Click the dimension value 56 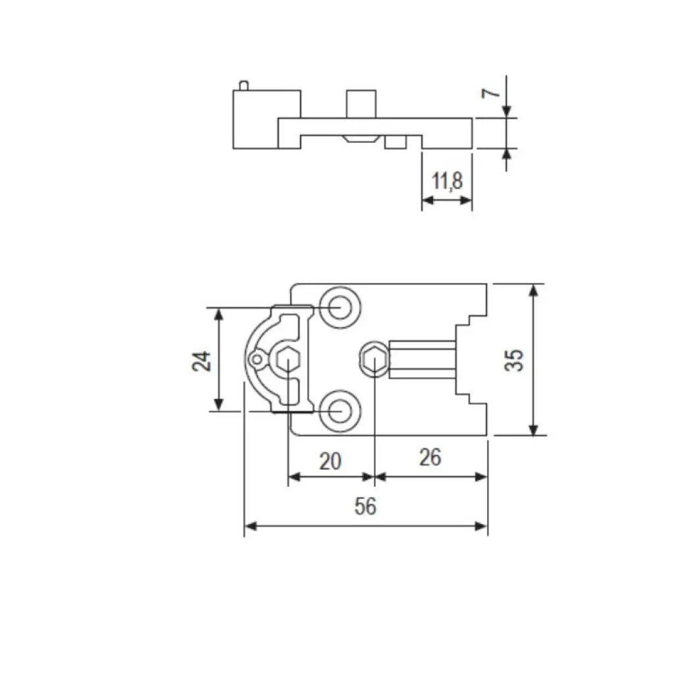(x=365, y=507)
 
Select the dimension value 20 (x=330, y=461)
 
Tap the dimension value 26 (x=430, y=457)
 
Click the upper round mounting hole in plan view (x=340, y=307)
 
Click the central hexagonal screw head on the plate (x=374, y=360)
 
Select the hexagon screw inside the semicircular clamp (x=287, y=360)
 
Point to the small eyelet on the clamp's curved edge (x=255, y=359)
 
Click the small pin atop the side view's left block (x=245, y=84)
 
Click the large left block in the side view (x=257, y=118)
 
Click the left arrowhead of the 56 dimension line (x=249, y=526)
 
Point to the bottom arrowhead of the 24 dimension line (x=220, y=406)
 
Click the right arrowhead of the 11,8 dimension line (x=468, y=200)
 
